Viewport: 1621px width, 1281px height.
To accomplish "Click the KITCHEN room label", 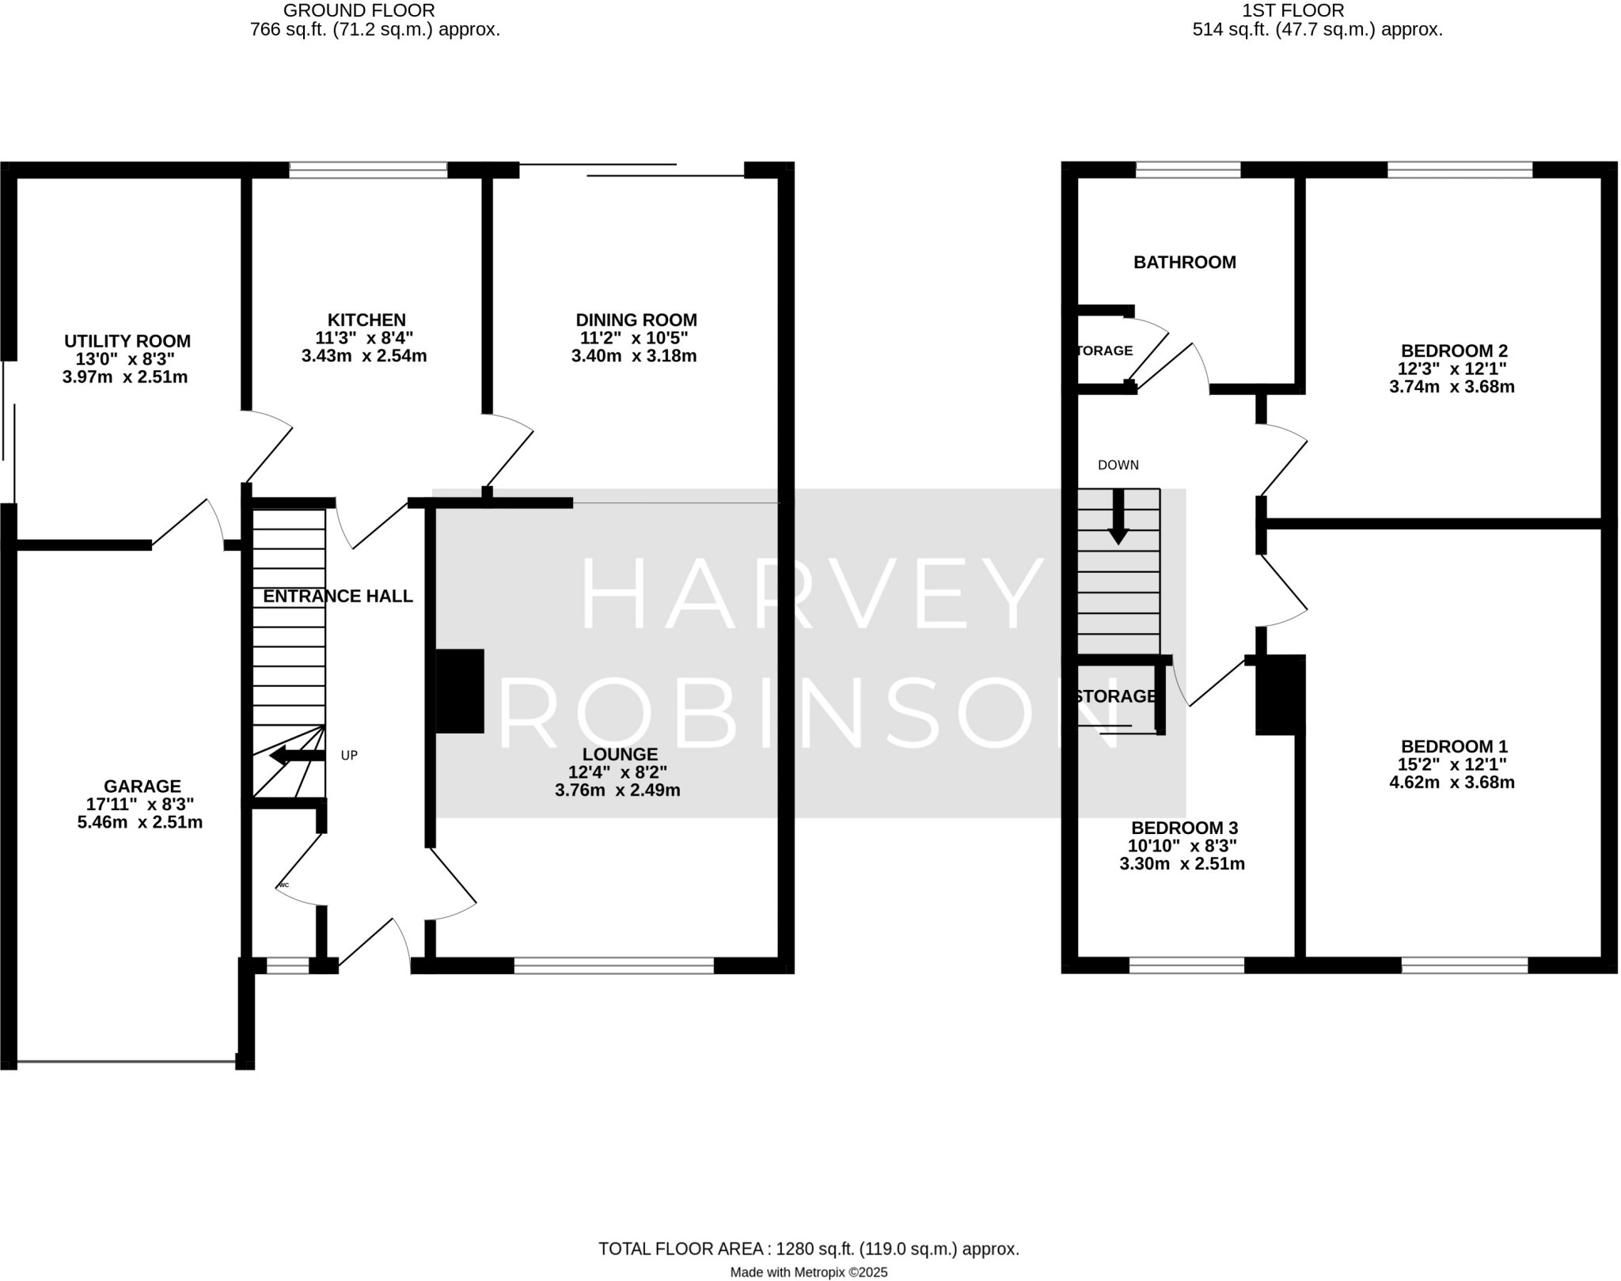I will (366, 320).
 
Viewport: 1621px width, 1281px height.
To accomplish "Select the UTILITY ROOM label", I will (127, 342).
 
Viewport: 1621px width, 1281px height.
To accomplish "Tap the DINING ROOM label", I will (636, 320).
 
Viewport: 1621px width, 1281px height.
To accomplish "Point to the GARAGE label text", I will (142, 786).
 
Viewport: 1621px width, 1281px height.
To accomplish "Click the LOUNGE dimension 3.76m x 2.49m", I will (617, 790).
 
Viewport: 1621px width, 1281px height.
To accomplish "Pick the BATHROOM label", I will (1184, 263).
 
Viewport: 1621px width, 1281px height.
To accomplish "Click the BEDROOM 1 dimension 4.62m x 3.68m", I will (1452, 783).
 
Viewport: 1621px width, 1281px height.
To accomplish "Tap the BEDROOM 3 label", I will (1184, 828).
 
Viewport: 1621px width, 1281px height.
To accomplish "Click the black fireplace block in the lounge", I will (460, 692).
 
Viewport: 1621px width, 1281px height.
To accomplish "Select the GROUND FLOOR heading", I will (359, 11).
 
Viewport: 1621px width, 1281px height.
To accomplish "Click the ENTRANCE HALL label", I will (338, 597).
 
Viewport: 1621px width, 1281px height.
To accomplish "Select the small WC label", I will (284, 885).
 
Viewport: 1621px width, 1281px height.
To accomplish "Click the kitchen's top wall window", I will (368, 169).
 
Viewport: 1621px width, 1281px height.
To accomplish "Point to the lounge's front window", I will (613, 965).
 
